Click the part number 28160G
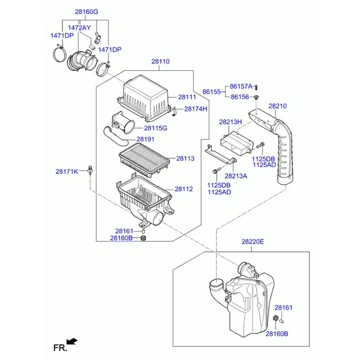(86, 12)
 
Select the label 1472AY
(79, 28)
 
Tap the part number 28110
(160, 62)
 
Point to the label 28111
(187, 97)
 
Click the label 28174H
(196, 109)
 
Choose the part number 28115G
(155, 128)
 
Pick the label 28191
(145, 139)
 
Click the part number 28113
(185, 159)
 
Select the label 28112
(184, 189)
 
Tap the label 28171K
(67, 172)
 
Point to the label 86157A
(241, 87)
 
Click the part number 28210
(277, 106)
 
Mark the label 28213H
(230, 122)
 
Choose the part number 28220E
(253, 242)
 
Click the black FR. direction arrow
(73, 341)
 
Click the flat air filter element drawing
(145, 161)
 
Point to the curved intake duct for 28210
(286, 150)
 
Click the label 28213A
(236, 176)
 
